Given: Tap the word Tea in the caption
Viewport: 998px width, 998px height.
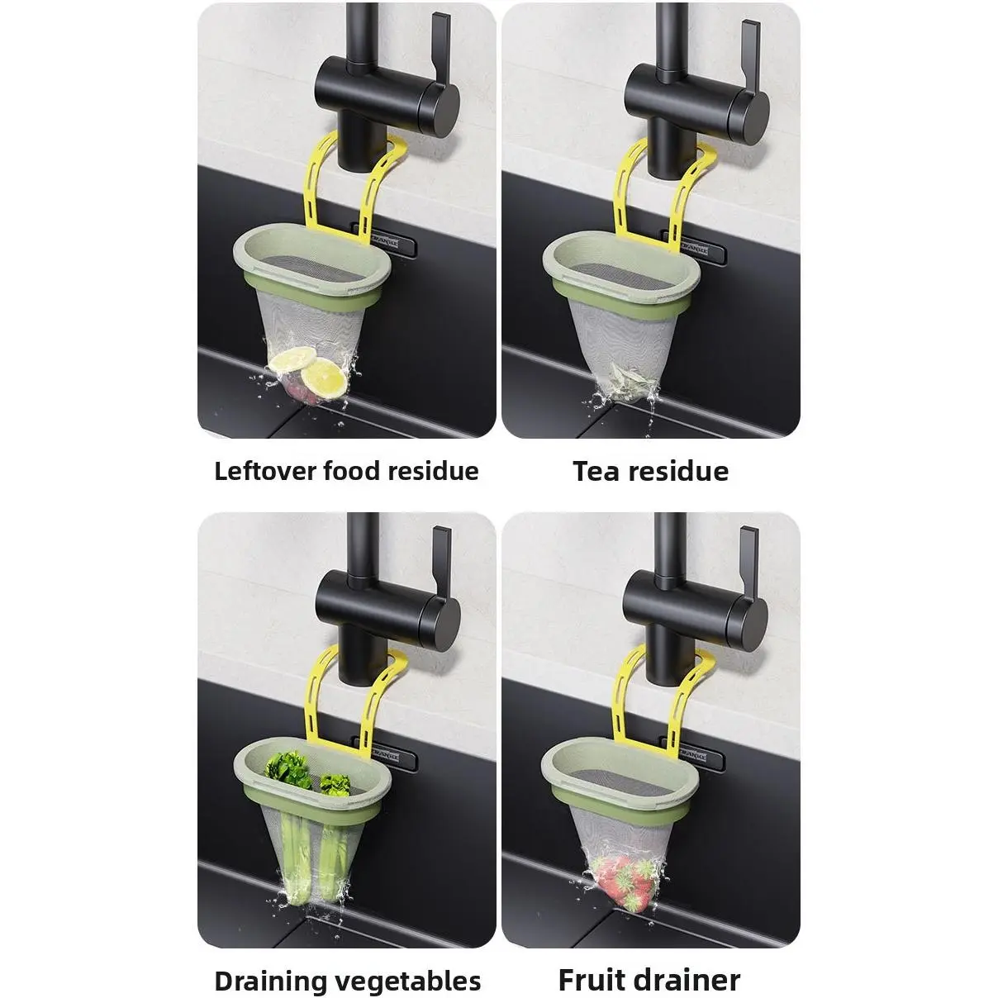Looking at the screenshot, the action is point(596,471).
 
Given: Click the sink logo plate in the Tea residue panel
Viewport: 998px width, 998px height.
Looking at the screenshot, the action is point(694,248).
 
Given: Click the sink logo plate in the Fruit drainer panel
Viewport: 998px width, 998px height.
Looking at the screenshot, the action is point(693,756).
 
